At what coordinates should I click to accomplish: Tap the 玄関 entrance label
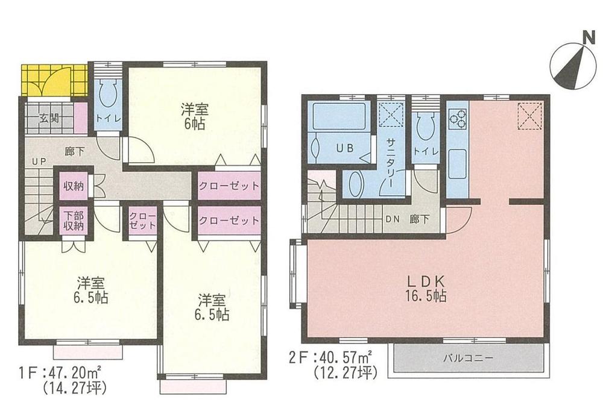(x=50, y=119)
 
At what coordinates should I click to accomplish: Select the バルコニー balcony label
(x=469, y=357)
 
